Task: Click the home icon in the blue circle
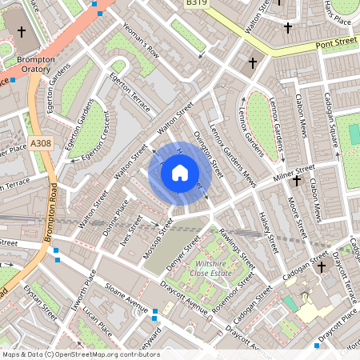[180, 173]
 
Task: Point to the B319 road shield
[196, 4]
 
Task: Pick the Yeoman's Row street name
[140, 46]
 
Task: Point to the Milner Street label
[294, 171]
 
